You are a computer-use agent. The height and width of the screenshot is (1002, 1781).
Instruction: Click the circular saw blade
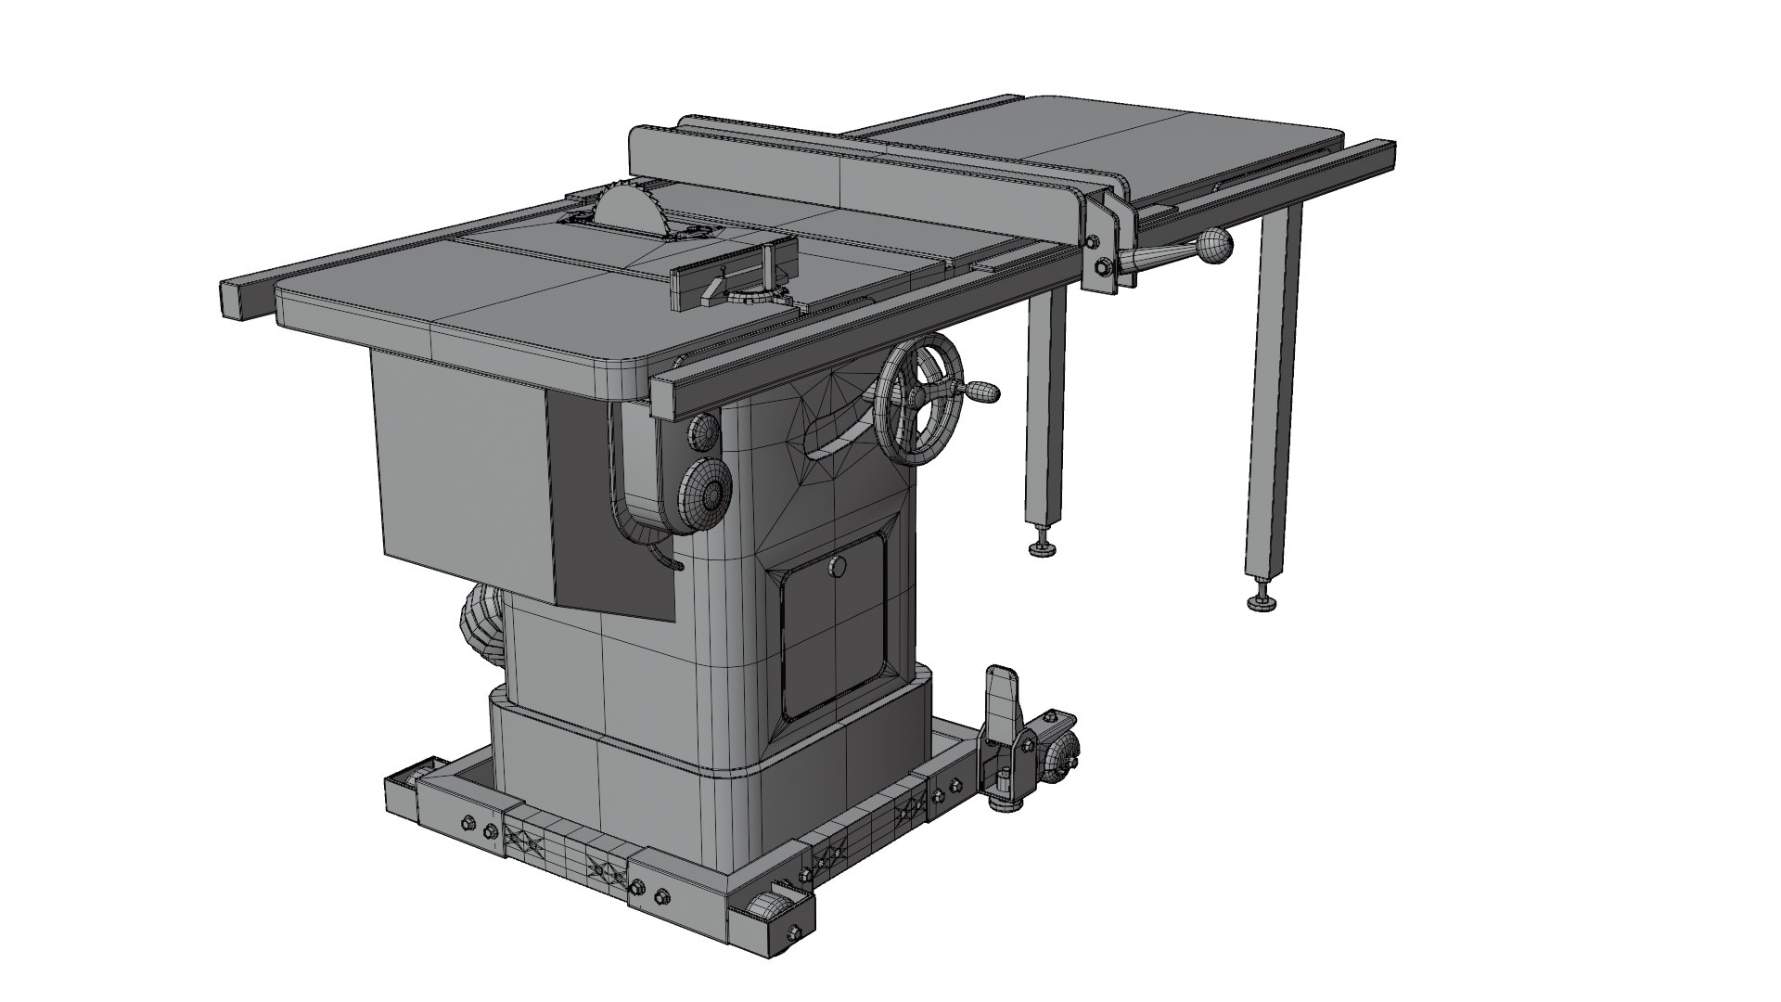[x=627, y=210]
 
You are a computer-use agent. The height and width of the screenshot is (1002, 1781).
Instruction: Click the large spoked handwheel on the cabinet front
[x=918, y=399]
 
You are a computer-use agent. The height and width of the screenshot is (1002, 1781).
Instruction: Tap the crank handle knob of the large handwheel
[x=983, y=393]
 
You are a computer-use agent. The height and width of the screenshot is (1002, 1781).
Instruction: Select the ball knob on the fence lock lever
[x=1213, y=246]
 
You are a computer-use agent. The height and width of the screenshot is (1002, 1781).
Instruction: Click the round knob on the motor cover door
[x=838, y=566]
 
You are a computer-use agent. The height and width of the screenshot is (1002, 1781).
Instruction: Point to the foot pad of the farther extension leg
[x=1262, y=604]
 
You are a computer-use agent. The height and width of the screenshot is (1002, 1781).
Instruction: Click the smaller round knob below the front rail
[x=704, y=430]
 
